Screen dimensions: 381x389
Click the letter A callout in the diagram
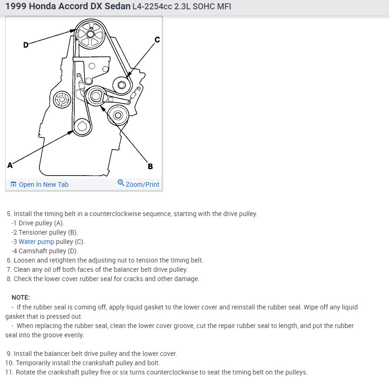tap(10, 165)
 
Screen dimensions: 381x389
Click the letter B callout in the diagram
tap(150, 166)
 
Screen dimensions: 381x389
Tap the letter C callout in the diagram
tap(157, 40)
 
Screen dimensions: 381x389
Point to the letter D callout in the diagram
tap(26, 45)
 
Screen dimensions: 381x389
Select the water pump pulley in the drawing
tap(122, 85)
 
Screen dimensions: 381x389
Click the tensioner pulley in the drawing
tap(96, 97)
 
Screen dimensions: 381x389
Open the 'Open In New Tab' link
tap(43, 184)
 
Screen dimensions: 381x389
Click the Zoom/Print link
tap(142, 184)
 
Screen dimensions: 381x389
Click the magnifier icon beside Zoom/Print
tap(121, 183)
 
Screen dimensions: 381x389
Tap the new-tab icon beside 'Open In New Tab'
tap(13, 184)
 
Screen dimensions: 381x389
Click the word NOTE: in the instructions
tap(20, 297)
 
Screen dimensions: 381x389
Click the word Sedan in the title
tap(116, 7)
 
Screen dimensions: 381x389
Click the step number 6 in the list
tap(9, 260)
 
